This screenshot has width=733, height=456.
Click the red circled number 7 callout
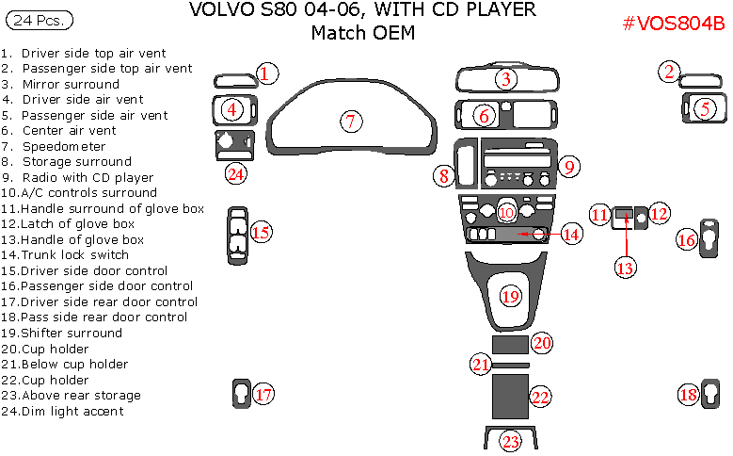350,121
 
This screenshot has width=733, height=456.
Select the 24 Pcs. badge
39,19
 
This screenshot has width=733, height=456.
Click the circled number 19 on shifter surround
510,296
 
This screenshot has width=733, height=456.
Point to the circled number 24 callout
235,173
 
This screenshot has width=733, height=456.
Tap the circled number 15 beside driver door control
262,232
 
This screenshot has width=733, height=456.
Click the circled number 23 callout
510,441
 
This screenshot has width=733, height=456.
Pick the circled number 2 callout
668,71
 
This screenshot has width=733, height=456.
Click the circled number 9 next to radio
568,166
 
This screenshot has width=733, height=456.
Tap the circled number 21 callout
482,364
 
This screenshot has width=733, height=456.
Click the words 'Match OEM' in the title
362,33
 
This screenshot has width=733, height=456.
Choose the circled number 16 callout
687,240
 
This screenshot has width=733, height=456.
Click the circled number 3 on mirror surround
506,79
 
